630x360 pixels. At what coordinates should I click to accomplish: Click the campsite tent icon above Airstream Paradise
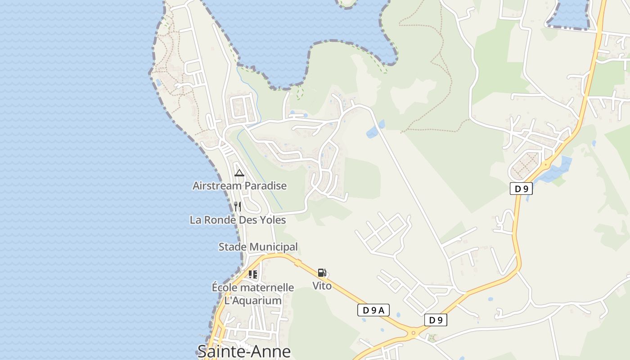pos(239,173)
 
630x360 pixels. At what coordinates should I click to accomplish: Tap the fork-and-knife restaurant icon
pos(238,207)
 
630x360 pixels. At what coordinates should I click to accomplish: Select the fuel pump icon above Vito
pos(322,273)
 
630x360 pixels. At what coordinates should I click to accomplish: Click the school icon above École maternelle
pos(253,274)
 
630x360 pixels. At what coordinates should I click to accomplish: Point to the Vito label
pos(322,286)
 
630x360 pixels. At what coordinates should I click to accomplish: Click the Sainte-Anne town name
pos(244,351)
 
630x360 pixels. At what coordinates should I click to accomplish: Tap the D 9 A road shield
pos(373,310)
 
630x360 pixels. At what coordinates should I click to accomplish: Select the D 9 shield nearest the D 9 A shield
pos(436,320)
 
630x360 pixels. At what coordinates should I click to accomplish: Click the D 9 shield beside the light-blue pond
pos(521,189)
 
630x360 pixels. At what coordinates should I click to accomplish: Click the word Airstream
pos(216,185)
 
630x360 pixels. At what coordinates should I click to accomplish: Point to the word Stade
pos(233,247)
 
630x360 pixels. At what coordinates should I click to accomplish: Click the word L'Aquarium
pos(253,300)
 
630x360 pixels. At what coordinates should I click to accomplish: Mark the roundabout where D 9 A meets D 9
pos(413,333)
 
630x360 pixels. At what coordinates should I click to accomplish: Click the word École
pos(224,288)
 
